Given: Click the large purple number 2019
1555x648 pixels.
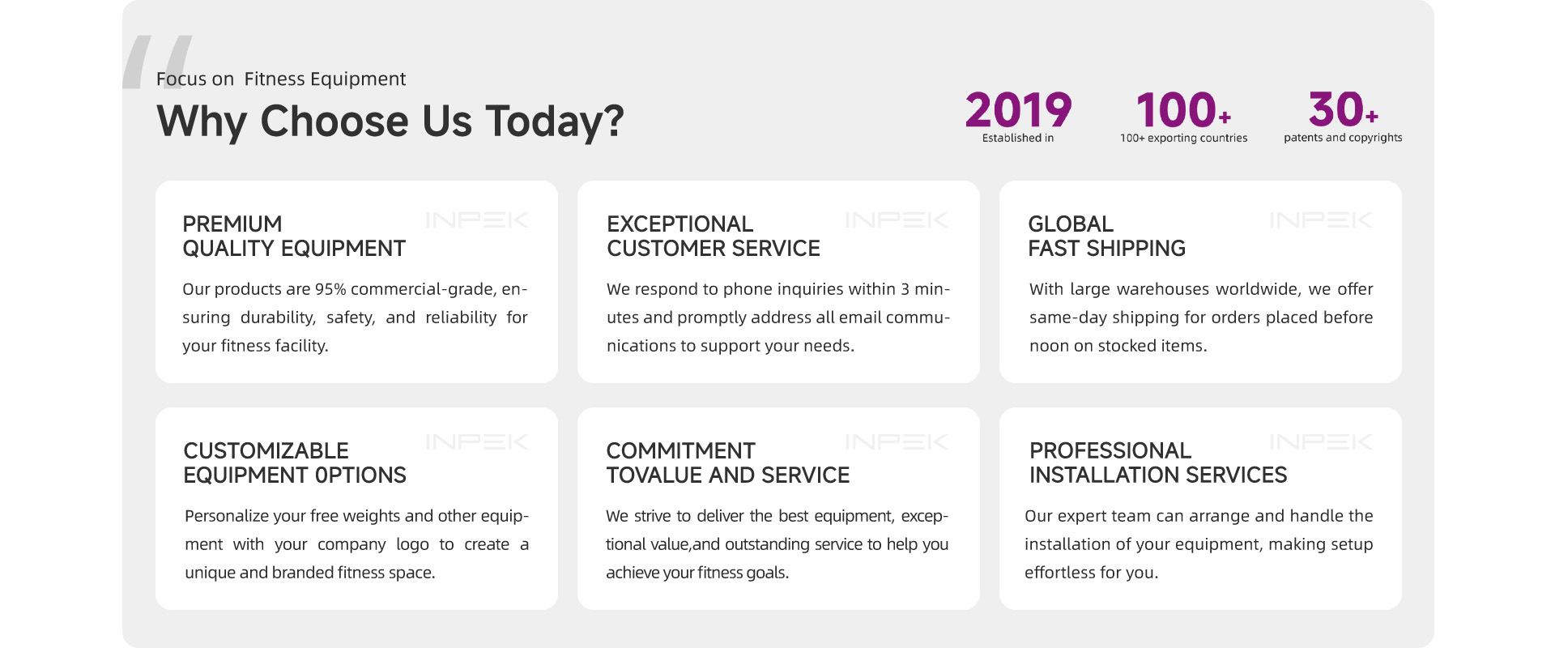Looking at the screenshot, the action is [1018, 109].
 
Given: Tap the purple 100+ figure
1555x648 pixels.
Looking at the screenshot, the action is [1183, 109].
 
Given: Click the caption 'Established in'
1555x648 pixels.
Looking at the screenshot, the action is [1018, 138].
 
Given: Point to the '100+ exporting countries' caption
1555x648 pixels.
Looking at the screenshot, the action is [1183, 138].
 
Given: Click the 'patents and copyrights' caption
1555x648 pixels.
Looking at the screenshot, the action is [1343, 138].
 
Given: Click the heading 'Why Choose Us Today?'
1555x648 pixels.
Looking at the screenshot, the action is [390, 122].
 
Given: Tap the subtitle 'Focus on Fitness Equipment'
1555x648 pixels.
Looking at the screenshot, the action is [281, 79].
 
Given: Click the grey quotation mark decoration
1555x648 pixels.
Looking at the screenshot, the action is [157, 62].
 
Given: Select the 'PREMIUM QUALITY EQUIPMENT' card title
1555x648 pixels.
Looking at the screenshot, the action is [294, 236].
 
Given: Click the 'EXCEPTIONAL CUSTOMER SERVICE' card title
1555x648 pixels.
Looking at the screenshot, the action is [714, 236].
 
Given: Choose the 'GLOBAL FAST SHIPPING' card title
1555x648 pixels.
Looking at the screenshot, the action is [1106, 236].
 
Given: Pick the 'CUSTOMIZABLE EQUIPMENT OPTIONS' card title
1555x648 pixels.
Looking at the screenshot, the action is [295, 463].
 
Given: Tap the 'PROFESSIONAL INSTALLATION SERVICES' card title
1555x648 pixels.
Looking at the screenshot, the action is [1158, 463].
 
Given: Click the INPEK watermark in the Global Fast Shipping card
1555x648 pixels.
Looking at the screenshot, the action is [1321, 220].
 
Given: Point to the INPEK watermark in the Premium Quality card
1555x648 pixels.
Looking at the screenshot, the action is [477, 220].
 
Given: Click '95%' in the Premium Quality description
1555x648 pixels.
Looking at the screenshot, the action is [330, 289].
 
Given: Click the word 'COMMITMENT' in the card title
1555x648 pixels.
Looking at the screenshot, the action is [681, 450].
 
